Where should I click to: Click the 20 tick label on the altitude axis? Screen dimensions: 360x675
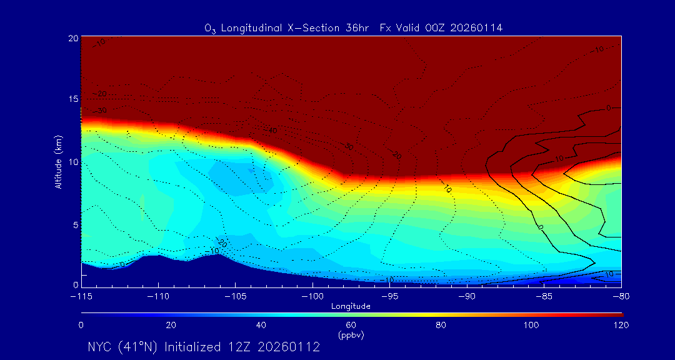pyautogui.click(x=73, y=38)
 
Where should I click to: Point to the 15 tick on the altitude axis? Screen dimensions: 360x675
pyautogui.click(x=73, y=99)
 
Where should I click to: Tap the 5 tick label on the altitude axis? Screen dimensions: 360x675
pyautogui.click(x=75, y=224)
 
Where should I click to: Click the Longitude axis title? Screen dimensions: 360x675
pyautogui.click(x=351, y=306)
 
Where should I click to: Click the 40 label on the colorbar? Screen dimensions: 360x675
pyautogui.click(x=261, y=325)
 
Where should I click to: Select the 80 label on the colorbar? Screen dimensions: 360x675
pyautogui.click(x=441, y=325)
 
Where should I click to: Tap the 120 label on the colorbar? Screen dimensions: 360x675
pyautogui.click(x=621, y=325)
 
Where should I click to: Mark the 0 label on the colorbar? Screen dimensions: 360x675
pyautogui.click(x=81, y=325)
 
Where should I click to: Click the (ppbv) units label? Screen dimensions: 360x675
pyautogui.click(x=351, y=335)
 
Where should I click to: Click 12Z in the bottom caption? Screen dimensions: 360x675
pyautogui.click(x=240, y=347)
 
